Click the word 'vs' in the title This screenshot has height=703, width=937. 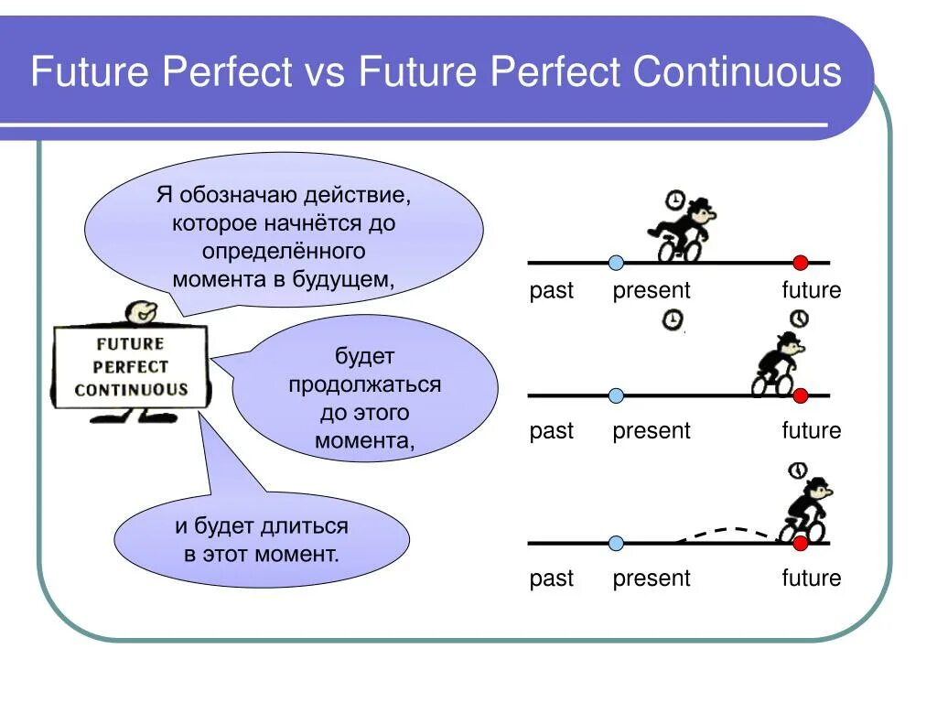[x=325, y=72]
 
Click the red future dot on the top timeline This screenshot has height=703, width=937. [x=800, y=263]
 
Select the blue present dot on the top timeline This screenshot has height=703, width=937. [x=616, y=263]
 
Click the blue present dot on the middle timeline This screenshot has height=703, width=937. [x=616, y=395]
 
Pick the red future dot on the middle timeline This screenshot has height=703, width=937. [x=800, y=395]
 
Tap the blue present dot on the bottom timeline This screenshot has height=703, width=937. [x=616, y=543]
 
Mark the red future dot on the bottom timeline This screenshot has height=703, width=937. [x=800, y=543]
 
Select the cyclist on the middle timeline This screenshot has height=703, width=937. [x=777, y=366]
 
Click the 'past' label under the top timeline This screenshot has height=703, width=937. [x=551, y=291]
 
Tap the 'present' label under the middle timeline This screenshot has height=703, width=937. [x=652, y=431]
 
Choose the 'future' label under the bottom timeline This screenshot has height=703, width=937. [x=811, y=579]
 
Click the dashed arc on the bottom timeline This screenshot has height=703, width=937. [x=727, y=530]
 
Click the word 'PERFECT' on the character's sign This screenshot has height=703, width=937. [x=131, y=366]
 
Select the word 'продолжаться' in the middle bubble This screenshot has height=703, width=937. [x=365, y=384]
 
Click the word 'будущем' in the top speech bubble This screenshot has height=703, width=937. [x=342, y=279]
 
